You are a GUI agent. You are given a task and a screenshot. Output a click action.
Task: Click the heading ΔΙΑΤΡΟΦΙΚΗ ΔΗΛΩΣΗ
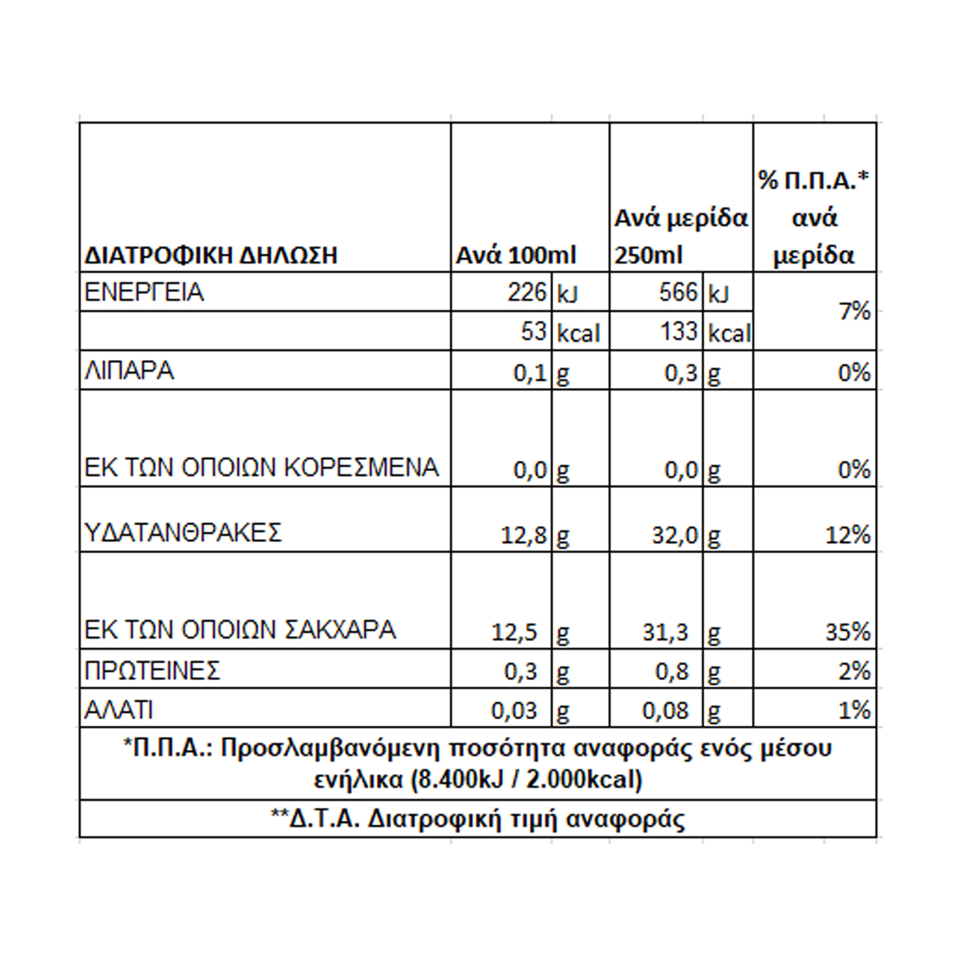click(211, 255)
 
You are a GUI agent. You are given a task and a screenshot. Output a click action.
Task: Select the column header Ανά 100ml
click(516, 255)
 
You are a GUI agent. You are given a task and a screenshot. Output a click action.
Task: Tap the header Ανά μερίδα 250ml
click(680, 236)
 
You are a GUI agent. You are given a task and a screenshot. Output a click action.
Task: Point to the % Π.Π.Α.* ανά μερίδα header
click(814, 218)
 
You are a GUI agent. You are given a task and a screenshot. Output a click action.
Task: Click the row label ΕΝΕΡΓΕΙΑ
click(144, 292)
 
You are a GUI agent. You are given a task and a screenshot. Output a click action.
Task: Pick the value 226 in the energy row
click(527, 292)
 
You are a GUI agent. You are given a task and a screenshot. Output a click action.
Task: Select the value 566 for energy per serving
click(679, 292)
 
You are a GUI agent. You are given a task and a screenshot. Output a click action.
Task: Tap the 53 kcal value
click(533, 331)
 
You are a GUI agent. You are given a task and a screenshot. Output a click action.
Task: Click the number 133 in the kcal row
click(679, 331)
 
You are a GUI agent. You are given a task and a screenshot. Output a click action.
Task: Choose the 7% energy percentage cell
click(854, 311)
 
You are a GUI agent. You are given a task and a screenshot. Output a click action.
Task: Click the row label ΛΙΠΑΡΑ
click(129, 371)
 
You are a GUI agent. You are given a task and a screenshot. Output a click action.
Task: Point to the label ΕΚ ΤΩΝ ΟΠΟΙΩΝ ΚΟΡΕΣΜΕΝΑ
click(262, 468)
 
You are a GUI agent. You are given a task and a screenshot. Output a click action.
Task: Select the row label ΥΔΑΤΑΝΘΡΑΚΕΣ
click(184, 532)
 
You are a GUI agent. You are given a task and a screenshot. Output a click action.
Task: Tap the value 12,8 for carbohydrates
click(523, 535)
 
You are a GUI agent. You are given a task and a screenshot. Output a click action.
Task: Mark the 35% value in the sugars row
click(848, 632)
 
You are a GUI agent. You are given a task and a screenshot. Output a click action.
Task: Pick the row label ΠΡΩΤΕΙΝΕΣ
click(152, 671)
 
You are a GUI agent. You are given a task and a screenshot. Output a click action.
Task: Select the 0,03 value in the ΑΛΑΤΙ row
click(514, 711)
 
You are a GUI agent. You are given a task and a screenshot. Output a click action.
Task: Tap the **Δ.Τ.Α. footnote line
click(478, 819)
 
